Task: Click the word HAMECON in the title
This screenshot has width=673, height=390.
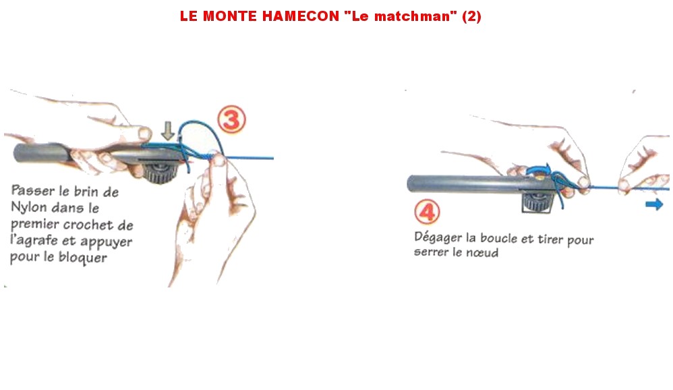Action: pyautogui.click(x=301, y=16)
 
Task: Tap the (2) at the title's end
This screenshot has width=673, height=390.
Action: pyautogui.click(x=471, y=16)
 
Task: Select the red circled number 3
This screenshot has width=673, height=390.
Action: pyautogui.click(x=232, y=119)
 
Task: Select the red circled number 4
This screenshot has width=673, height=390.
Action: pyautogui.click(x=427, y=212)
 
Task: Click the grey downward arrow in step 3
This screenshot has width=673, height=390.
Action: pyautogui.click(x=168, y=130)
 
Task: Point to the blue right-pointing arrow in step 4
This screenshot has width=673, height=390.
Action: pyautogui.click(x=654, y=204)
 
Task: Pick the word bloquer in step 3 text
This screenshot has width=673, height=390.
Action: pyautogui.click(x=82, y=258)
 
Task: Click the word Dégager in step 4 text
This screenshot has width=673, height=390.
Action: pyautogui.click(x=438, y=238)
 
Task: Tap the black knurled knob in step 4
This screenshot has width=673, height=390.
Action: pyautogui.click(x=536, y=202)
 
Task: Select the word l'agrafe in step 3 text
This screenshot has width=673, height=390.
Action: pyautogui.click(x=34, y=241)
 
